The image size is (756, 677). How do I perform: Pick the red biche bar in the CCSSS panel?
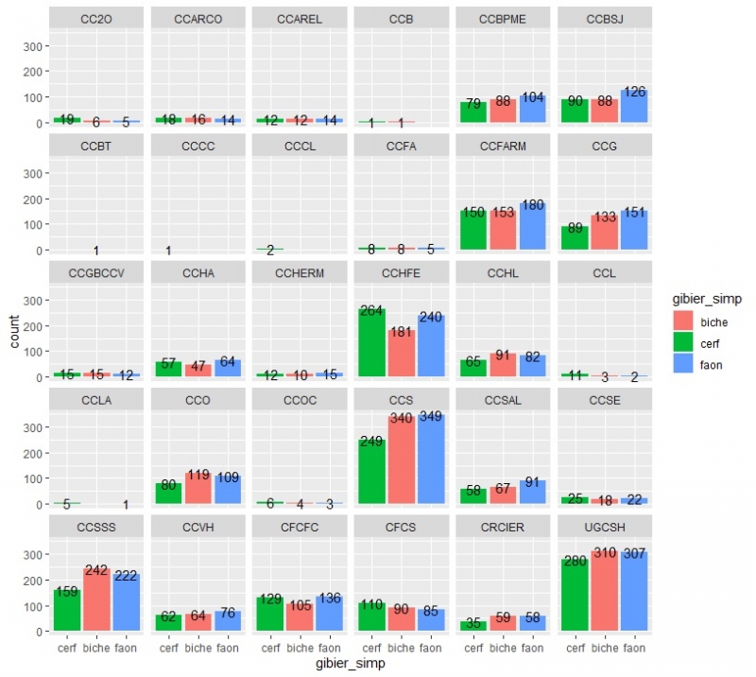point(95,600)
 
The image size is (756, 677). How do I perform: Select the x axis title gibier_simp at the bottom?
point(350,665)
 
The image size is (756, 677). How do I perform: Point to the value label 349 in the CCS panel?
point(430,417)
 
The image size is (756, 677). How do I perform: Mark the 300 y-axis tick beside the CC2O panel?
point(32,46)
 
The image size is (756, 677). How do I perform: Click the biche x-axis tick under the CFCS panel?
point(401,648)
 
